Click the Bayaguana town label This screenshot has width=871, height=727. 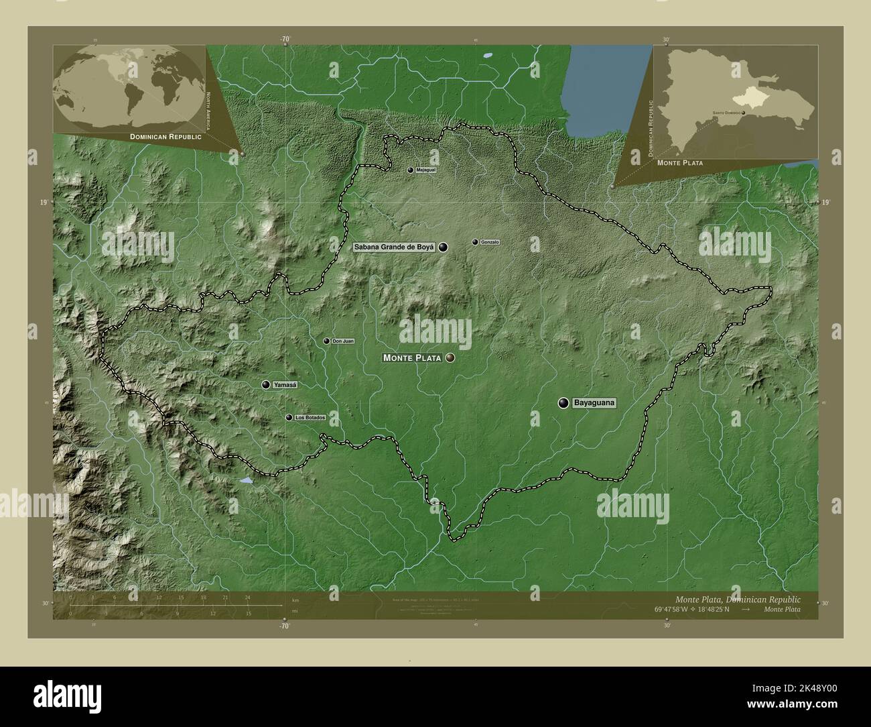[594, 403]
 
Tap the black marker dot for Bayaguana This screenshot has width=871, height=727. [563, 403]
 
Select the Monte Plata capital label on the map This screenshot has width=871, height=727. [412, 358]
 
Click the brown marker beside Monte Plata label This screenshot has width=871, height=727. [450, 358]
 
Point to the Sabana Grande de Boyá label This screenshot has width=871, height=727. [395, 247]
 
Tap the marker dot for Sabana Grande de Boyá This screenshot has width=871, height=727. [444, 247]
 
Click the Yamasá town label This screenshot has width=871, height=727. [285, 385]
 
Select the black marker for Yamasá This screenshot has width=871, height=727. [267, 385]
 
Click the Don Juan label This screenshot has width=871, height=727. [343, 341]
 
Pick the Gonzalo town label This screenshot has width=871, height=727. [490, 242]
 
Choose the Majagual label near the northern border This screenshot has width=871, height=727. [425, 170]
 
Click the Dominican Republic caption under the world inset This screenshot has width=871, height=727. [166, 136]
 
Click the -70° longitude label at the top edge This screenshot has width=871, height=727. [285, 40]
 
